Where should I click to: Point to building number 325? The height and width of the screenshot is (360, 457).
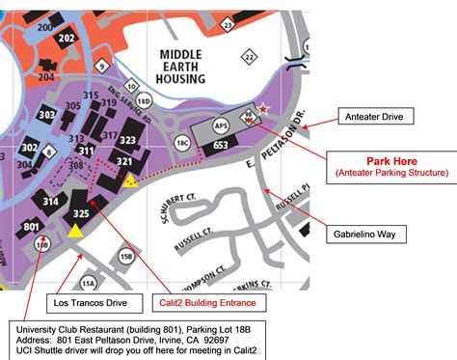click(x=81, y=212)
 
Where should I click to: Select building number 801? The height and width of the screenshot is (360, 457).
click(x=32, y=228)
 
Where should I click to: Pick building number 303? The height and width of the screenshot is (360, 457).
click(x=45, y=115)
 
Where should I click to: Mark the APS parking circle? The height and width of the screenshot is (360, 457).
click(x=221, y=125)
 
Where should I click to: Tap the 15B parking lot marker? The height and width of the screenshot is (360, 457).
click(x=126, y=256)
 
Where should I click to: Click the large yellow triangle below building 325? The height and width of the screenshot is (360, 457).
click(x=75, y=230)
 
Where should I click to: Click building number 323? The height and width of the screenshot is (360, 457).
click(x=127, y=140)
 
